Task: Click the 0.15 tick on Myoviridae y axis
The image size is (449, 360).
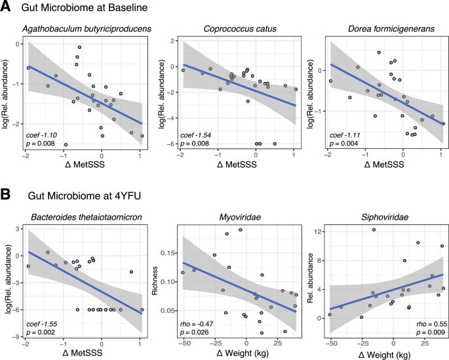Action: pyautogui.click(x=167, y=253)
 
